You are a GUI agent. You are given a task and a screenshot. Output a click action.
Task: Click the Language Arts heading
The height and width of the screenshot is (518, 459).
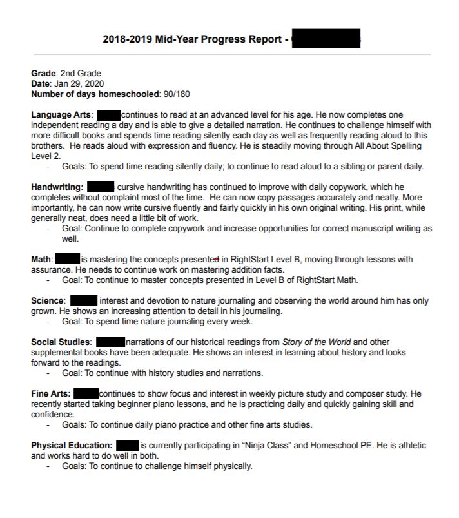tap(62, 115)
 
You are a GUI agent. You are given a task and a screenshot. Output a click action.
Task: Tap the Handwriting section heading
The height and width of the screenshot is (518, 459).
tap(57, 187)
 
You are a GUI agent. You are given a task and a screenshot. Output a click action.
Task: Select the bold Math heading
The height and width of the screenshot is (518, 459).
tap(41, 260)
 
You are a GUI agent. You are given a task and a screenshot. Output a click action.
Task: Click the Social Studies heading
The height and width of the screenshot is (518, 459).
tap(61, 342)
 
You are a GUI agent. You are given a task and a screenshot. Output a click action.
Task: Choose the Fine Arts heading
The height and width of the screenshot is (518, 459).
tap(50, 393)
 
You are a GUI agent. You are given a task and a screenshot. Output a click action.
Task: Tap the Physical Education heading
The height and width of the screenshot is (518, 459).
tap(72, 446)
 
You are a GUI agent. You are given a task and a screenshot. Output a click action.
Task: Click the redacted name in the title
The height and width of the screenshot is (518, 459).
tap(326, 39)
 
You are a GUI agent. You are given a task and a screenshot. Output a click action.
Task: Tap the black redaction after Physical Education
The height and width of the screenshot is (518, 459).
tap(128, 446)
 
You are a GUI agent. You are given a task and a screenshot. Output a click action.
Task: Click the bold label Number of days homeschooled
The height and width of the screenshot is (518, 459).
tap(95, 94)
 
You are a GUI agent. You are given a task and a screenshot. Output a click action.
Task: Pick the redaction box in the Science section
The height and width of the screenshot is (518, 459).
tap(83, 301)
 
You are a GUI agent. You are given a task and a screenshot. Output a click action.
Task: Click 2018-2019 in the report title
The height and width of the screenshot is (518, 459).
tap(127, 39)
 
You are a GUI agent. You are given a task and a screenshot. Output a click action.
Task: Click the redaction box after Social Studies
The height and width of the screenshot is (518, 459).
tap(110, 342)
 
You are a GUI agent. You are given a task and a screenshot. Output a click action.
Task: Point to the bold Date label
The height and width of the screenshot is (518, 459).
tap(41, 84)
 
